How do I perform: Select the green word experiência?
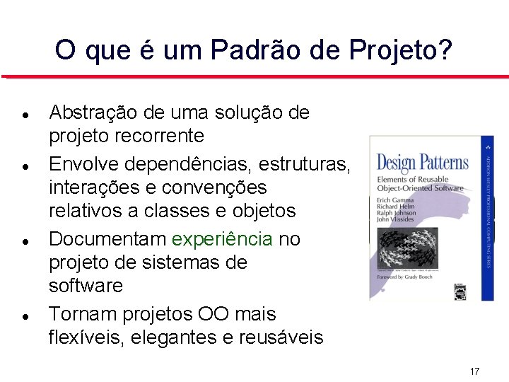(222, 239)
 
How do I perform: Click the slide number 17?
(474, 371)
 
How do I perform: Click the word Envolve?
(79, 164)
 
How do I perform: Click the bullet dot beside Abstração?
(25, 113)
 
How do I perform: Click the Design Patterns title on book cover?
(422, 163)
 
